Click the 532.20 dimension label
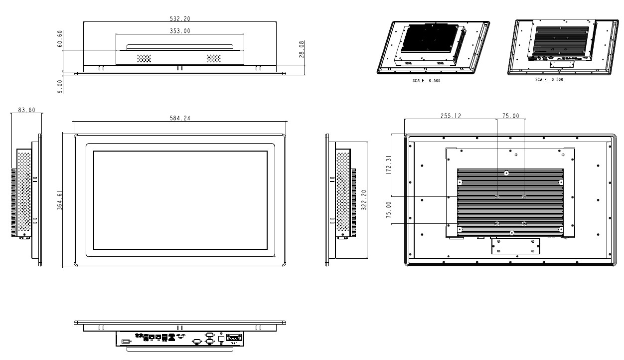click(180, 18)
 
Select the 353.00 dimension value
click(180, 31)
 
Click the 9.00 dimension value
click(60, 86)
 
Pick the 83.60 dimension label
click(26, 110)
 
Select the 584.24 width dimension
click(180, 118)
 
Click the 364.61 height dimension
click(59, 200)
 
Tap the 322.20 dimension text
click(364, 200)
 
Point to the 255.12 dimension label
click(451, 116)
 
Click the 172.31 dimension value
click(389, 165)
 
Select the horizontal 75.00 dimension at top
click(510, 116)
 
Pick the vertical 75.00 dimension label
click(389, 210)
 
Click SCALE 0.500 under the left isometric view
click(426, 80)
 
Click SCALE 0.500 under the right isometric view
click(549, 79)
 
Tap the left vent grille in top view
click(144, 58)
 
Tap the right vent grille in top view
click(213, 58)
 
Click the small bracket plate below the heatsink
click(515, 246)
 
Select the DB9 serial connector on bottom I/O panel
click(233, 338)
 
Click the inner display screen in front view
click(180, 200)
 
